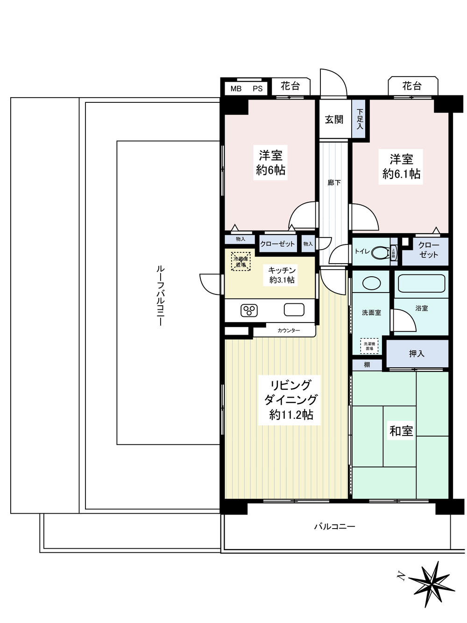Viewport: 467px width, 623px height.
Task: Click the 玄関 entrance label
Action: pos(334,120)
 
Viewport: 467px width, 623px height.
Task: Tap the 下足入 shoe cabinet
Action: pos(360,119)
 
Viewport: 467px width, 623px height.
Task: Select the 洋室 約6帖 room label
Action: pos(270,162)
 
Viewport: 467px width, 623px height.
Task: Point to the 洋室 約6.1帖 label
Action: pos(401,166)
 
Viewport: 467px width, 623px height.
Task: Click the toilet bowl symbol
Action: pos(381,252)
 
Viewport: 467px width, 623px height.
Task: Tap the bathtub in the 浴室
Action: pos(421,283)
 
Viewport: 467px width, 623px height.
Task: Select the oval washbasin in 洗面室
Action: pos(371,284)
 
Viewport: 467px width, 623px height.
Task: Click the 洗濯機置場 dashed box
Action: pos(370,345)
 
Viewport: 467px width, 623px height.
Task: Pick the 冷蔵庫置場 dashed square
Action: pos(241,261)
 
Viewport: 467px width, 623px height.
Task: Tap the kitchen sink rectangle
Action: pos(293,309)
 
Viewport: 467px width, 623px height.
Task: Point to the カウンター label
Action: pos(289,330)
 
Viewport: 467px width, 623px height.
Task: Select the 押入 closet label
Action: pos(417,354)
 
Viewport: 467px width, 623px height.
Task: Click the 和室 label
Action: pos(401,430)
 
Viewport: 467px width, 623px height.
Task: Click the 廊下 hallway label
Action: pos(334,183)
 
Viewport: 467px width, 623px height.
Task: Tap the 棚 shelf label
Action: pos(367,365)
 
